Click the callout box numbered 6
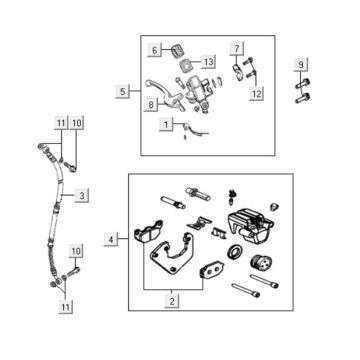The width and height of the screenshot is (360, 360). tap(155, 50)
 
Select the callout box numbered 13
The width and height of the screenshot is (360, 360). tap(209, 61)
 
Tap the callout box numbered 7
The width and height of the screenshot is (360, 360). tap(237, 48)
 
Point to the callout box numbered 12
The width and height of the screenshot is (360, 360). tap(257, 94)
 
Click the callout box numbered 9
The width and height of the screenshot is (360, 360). tap(301, 65)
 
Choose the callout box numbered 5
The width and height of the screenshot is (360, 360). tap(123, 91)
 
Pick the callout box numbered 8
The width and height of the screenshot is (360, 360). tap(151, 105)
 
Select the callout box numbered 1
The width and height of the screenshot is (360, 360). tap(166, 125)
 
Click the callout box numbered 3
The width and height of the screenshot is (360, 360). tap(82, 195)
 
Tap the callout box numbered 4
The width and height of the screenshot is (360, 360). tap(111, 239)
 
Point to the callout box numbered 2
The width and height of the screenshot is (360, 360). tap(172, 301)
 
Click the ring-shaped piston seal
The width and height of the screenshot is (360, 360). tap(234, 251)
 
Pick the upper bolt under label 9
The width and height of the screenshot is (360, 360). tap(302, 83)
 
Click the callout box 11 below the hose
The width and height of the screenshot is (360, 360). tap(65, 307)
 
